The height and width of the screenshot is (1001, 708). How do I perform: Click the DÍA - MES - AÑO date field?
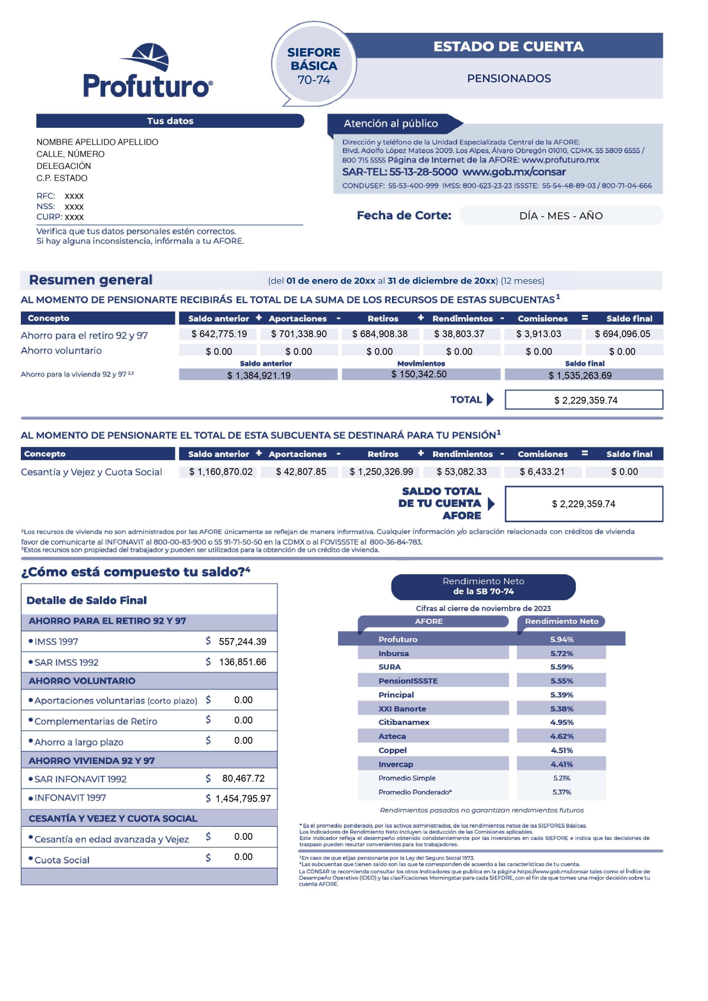point(561,216)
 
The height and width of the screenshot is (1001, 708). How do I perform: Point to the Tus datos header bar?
point(170,121)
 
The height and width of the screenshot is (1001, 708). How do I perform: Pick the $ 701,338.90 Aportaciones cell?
point(299,334)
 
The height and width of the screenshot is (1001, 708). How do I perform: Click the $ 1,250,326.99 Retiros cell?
point(381,472)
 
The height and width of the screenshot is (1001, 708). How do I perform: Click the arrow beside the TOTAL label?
point(490,399)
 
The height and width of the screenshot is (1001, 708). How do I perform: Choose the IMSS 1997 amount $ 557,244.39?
point(242,641)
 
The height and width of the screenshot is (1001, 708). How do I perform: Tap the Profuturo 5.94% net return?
point(562,639)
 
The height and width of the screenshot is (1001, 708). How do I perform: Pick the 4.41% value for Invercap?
point(562,764)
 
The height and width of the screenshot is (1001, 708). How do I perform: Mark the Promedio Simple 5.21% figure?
point(562,778)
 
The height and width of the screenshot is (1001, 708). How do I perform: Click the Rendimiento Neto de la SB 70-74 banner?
point(483,587)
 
